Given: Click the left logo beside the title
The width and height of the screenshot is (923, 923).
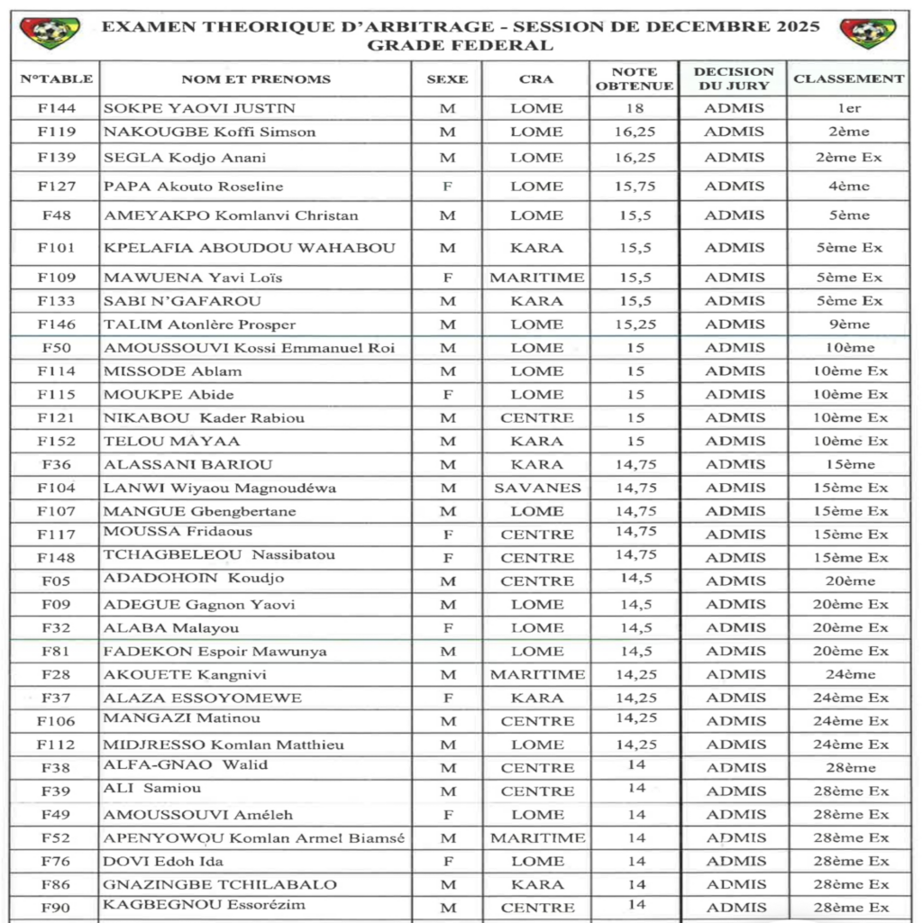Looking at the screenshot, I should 50,33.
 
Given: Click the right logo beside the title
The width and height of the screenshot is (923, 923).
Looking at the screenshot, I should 868,33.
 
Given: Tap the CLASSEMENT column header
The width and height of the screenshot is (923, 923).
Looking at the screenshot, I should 848,79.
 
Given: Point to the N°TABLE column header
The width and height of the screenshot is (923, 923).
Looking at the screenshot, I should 56,79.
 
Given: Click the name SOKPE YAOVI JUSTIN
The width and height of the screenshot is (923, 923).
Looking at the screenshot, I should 199,108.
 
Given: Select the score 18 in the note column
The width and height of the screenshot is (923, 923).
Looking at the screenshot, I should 635,108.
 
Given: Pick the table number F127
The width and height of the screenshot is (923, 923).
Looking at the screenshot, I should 56,187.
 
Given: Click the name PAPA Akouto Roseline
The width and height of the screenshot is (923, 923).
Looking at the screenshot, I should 193,187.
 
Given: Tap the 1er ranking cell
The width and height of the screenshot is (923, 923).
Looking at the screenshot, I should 848,108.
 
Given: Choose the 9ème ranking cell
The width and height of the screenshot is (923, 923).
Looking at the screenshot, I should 848,324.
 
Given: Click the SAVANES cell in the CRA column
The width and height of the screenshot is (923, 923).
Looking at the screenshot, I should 537,489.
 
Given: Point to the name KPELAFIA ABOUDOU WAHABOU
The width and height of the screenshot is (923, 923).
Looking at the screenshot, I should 250,248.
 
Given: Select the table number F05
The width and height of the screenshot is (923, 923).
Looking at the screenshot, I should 56,581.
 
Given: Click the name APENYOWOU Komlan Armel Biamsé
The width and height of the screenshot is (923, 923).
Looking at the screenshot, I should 254,838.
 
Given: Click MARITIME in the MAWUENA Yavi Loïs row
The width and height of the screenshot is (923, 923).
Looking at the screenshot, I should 537,278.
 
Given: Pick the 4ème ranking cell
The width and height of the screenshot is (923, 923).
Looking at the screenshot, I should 848,187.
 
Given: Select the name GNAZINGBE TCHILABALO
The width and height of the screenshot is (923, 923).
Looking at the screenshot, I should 220,885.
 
